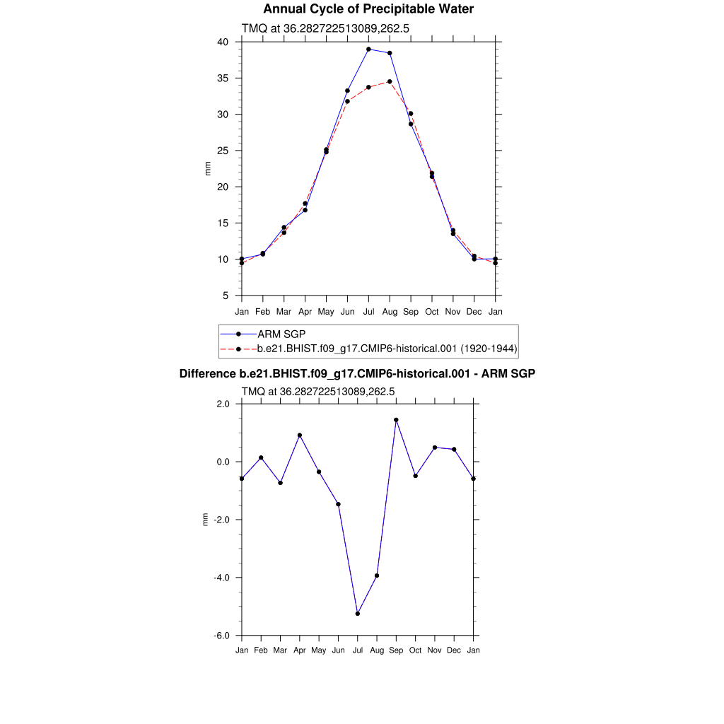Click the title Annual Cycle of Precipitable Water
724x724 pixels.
coord(368,9)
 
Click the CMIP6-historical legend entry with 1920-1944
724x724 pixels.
coord(387,349)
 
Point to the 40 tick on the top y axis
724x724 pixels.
coord(223,42)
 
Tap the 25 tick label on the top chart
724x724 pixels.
coord(223,151)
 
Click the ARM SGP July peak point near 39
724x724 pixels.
coord(368,49)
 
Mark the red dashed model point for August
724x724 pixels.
coord(390,81)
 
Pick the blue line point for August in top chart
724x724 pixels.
coord(390,53)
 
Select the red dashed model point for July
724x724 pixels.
coord(368,87)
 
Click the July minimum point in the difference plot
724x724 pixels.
coord(358,614)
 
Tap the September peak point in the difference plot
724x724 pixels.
coord(397,420)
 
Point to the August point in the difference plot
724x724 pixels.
coord(377,576)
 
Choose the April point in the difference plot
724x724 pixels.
coord(300,436)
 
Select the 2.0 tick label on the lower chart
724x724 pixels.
coord(223,404)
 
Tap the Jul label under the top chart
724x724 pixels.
coord(368,312)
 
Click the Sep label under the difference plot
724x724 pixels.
coord(397,650)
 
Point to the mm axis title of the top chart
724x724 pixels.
coord(208,168)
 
